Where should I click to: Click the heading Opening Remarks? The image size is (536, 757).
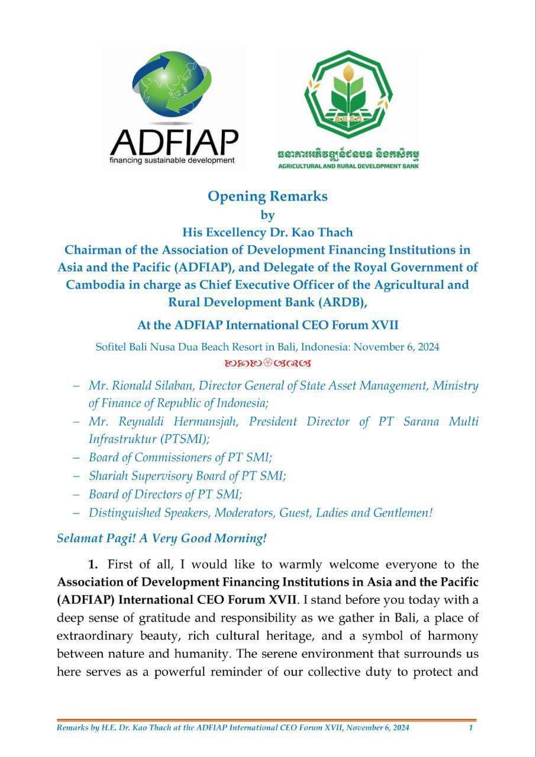(x=267, y=196)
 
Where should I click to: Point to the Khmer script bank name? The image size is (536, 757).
(x=349, y=155)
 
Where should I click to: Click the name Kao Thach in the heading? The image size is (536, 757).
(x=324, y=233)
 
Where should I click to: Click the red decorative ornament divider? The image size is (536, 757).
(x=267, y=362)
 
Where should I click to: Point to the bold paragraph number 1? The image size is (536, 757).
(x=93, y=564)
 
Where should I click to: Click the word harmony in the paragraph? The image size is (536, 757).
(x=456, y=636)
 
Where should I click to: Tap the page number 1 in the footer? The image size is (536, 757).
(x=470, y=727)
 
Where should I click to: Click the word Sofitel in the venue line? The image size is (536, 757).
(x=113, y=347)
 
